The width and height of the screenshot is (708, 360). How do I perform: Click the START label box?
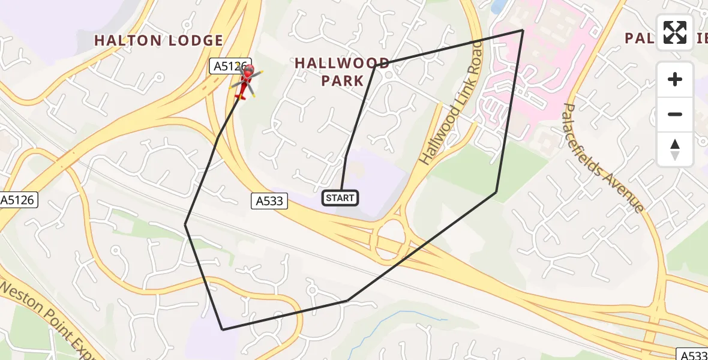(x=341, y=197)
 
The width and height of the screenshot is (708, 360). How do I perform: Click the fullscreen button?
(x=675, y=32)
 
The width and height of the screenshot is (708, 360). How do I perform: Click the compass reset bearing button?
(x=675, y=149)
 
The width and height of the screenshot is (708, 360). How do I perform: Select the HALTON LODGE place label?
(x=159, y=41)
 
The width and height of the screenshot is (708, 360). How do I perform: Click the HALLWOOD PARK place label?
(x=342, y=71)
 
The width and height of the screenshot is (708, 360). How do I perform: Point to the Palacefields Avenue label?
(x=604, y=158)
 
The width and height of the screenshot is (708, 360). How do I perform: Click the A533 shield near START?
(x=269, y=201)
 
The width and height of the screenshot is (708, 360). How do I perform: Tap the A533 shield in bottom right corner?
(x=694, y=355)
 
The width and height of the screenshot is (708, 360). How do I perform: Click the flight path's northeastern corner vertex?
(x=523, y=30)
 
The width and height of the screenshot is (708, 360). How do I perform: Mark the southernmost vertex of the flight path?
(x=223, y=329)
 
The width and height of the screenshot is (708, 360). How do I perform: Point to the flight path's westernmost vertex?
(x=185, y=224)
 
